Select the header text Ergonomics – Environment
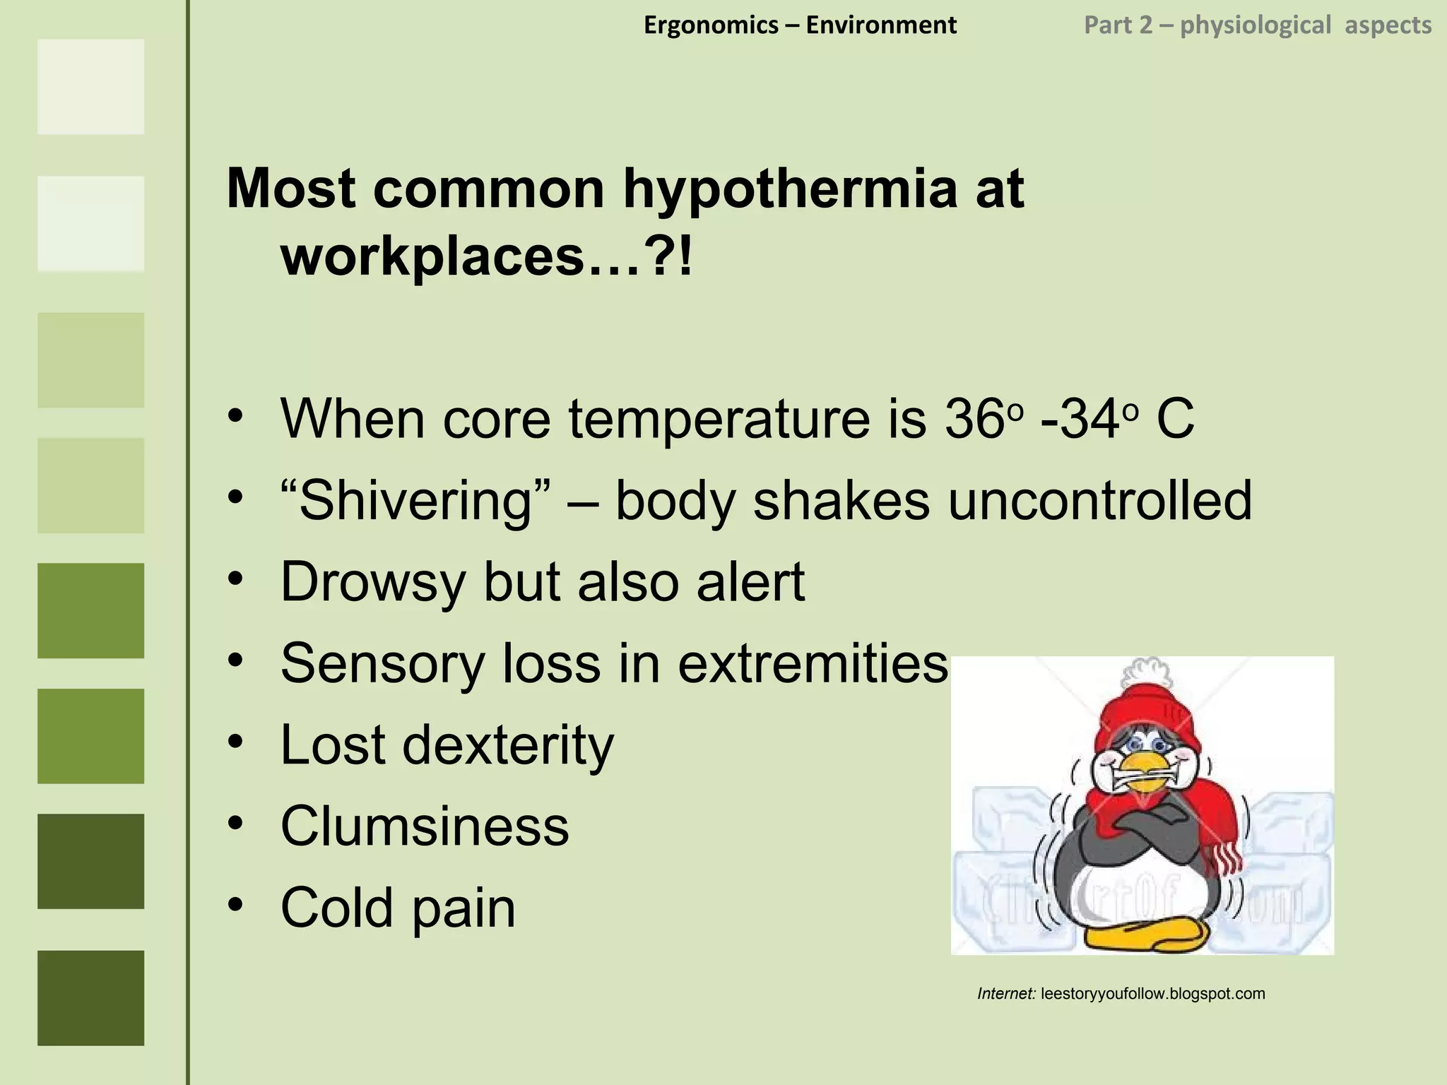(x=800, y=25)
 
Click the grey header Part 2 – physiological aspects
(x=1258, y=25)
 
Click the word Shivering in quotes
(x=415, y=500)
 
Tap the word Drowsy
(x=373, y=582)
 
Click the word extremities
(x=813, y=663)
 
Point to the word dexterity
(x=508, y=745)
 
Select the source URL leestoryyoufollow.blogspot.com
(x=1153, y=994)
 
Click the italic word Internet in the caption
(x=1006, y=994)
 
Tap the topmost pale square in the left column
(x=90, y=87)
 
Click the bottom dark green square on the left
(x=90, y=997)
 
